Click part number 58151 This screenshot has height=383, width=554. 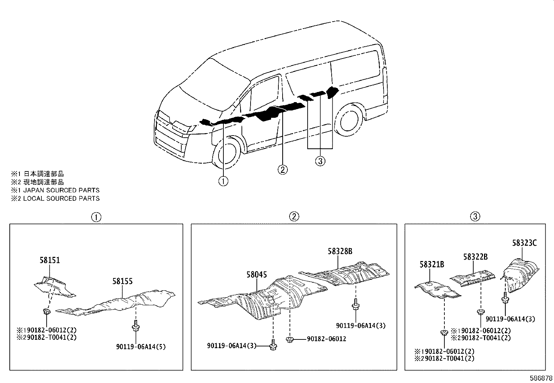[x=49, y=260]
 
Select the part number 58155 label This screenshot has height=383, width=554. [x=122, y=281]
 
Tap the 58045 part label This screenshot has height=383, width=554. [x=256, y=275]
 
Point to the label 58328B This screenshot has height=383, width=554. [x=340, y=251]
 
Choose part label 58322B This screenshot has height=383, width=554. [x=475, y=257]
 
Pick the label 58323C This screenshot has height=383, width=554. [x=524, y=243]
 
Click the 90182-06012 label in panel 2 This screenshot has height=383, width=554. [x=326, y=339]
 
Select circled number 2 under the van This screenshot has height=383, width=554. [x=282, y=170]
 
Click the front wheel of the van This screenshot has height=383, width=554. [x=226, y=155]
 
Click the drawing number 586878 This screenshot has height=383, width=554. [x=541, y=378]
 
